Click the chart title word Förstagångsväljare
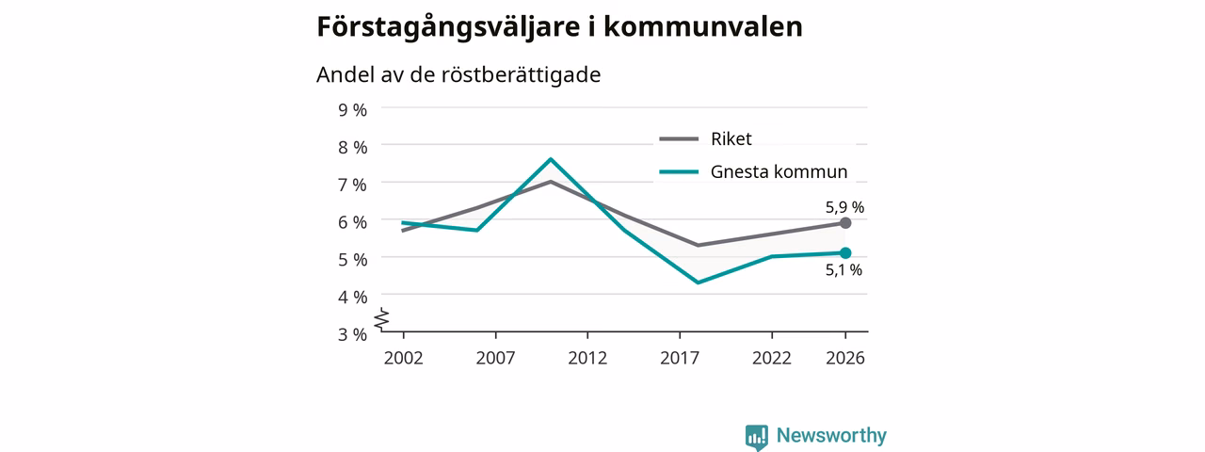(x=447, y=28)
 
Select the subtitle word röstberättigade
(x=521, y=74)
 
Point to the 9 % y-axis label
(x=352, y=110)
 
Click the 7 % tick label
(x=352, y=186)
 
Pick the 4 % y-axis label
(x=352, y=297)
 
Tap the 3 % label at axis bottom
(x=352, y=334)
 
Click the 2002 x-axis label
(x=404, y=359)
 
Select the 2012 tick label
(x=587, y=359)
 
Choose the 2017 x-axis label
(x=680, y=359)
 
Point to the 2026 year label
(x=845, y=359)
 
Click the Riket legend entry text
(x=731, y=138)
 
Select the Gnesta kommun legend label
(x=779, y=171)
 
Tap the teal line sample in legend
(x=679, y=172)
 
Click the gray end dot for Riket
(x=845, y=223)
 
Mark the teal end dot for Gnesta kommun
(x=845, y=253)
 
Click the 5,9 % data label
(x=844, y=207)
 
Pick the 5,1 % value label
(x=843, y=269)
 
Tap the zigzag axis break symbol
(x=382, y=319)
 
